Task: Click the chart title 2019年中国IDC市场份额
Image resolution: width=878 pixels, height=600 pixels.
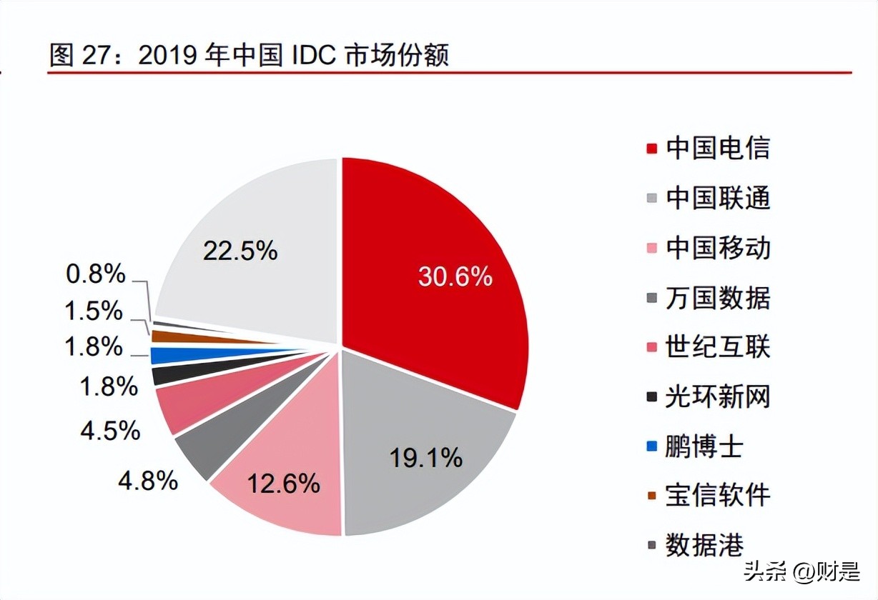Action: tap(249, 55)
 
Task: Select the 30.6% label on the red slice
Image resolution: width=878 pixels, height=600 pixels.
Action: tap(455, 276)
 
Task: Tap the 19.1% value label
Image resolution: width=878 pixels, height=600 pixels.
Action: tap(426, 458)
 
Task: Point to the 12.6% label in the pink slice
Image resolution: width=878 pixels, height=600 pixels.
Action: tap(283, 484)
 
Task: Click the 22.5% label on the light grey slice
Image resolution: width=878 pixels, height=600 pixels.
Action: tap(240, 251)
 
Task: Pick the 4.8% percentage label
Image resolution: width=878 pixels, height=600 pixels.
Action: tap(148, 481)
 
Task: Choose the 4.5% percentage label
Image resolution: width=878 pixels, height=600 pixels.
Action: tap(110, 431)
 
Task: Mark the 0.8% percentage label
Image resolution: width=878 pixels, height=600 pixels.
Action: tap(96, 274)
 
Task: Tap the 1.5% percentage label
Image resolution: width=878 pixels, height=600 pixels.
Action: tap(94, 311)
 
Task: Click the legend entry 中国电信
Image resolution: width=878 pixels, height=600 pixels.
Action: tap(717, 149)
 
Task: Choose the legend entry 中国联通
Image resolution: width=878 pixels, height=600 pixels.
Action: tap(717, 198)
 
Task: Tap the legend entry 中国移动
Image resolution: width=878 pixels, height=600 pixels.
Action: tap(717, 248)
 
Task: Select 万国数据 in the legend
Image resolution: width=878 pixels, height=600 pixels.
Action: tap(717, 297)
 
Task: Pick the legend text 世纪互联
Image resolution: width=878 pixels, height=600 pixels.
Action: tap(717, 347)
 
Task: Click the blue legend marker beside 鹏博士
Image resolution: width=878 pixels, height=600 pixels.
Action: tap(651, 447)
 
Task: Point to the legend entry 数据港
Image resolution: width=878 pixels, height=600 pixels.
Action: tap(704, 545)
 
